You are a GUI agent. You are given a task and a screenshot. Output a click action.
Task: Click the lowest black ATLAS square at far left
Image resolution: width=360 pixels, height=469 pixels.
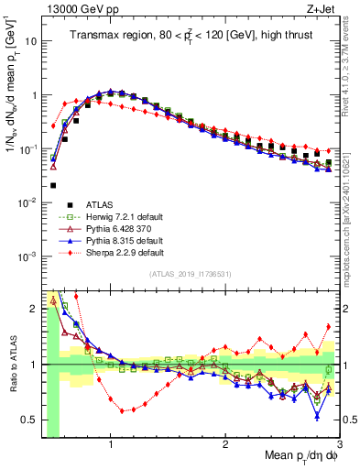pos(53,184)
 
